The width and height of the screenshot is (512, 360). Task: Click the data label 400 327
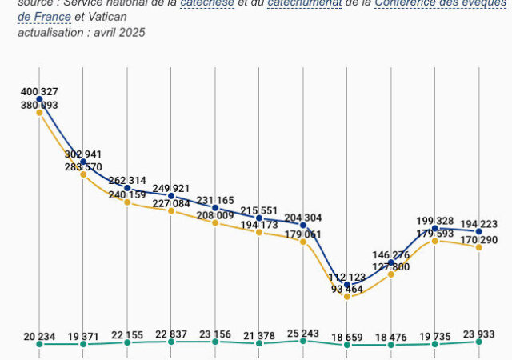pos(40,93)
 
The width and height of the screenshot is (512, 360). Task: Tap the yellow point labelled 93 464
pos(347,297)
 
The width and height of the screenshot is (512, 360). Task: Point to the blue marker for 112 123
pos(347,285)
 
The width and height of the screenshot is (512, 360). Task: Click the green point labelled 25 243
pos(303,341)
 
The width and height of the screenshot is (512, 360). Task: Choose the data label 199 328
pos(434,221)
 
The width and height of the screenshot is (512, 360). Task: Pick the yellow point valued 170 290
pos(478,247)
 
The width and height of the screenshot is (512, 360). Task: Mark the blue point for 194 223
pos(478,232)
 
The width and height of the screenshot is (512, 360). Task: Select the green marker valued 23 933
pos(478,342)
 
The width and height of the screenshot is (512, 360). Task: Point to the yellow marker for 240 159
pos(127,202)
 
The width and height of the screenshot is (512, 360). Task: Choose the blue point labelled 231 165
pos(215,208)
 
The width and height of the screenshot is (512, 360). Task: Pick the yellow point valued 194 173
pos(259,232)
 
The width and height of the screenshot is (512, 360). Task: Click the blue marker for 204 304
pos(303,225)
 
